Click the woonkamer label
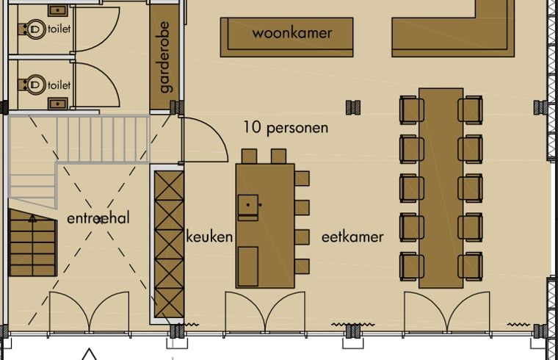pos(292,33)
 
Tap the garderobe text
pos(165,57)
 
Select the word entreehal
pos(98,218)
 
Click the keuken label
pos(209,237)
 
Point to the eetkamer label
pos(352,237)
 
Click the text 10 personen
pos(286,128)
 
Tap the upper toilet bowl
pos(33,29)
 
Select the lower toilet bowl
pos(33,84)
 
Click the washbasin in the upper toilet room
pos(58,10)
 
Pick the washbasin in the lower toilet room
pos(58,104)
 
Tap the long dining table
pos(441,188)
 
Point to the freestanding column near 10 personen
pos(353,107)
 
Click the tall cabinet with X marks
pos(169,244)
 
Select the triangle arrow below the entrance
pos(89,354)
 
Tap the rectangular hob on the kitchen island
pos(248,267)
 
